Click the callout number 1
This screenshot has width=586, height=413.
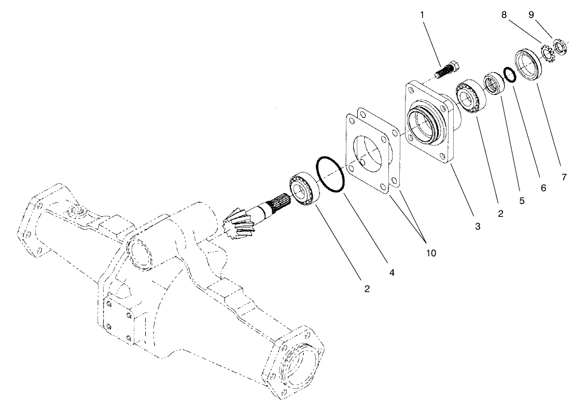[x=422, y=15]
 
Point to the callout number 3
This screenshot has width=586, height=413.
[x=477, y=226]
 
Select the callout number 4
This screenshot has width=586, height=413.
[x=392, y=272]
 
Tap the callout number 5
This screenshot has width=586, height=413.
[x=522, y=200]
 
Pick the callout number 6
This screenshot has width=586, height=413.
[x=543, y=188]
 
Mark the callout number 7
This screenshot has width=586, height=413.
[x=564, y=177]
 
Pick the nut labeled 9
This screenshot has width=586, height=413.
[x=561, y=47]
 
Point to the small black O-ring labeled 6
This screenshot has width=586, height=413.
[x=510, y=75]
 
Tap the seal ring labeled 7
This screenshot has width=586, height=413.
[x=528, y=64]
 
